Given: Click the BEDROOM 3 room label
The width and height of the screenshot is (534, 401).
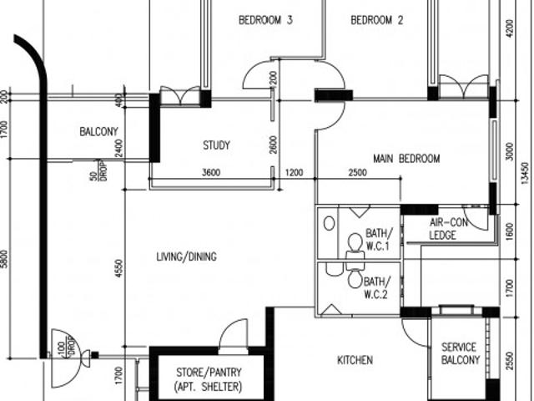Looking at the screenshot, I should tap(264, 21).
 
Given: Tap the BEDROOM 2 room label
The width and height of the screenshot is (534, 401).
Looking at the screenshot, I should tap(376, 21).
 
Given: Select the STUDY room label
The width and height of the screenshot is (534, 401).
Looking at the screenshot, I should tap(216, 145).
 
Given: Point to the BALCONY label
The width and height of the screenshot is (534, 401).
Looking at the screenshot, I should tap(98, 132).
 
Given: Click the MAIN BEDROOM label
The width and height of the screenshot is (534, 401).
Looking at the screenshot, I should tap(406, 159).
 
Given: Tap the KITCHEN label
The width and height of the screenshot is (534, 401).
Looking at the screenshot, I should tap(355, 361).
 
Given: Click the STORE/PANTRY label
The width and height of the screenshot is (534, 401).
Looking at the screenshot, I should tap(208, 378).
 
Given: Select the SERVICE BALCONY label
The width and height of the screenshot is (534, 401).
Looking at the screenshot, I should tap(460, 353).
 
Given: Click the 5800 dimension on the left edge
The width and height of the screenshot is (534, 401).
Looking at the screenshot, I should tap(5, 258).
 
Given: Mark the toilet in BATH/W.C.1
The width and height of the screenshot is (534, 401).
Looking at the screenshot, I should tap(355, 243).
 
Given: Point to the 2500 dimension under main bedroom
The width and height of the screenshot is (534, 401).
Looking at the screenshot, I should tap(356, 173).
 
